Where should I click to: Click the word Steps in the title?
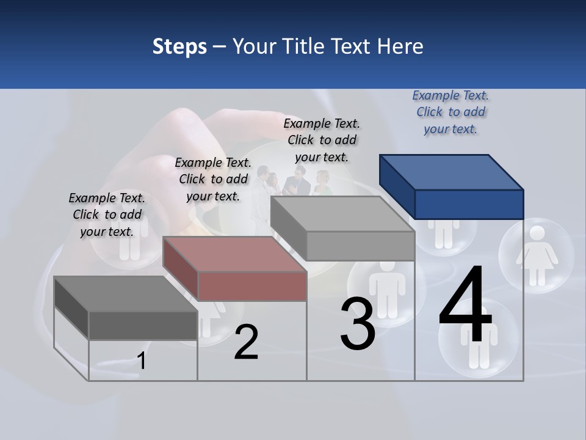[x=179, y=46]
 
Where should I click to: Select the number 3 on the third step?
[x=358, y=323]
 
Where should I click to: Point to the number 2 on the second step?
[x=246, y=343]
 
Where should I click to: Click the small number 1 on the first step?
[x=142, y=361]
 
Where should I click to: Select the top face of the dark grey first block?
[x=125, y=293]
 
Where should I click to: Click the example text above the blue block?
[x=450, y=112]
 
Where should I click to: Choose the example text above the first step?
[x=107, y=215]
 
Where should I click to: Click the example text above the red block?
[x=213, y=179]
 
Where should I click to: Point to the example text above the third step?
[x=322, y=140]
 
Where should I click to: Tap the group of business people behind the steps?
[x=293, y=182]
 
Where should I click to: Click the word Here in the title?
[x=400, y=46]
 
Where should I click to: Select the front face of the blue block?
[x=469, y=204]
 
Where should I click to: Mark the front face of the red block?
[x=252, y=286]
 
